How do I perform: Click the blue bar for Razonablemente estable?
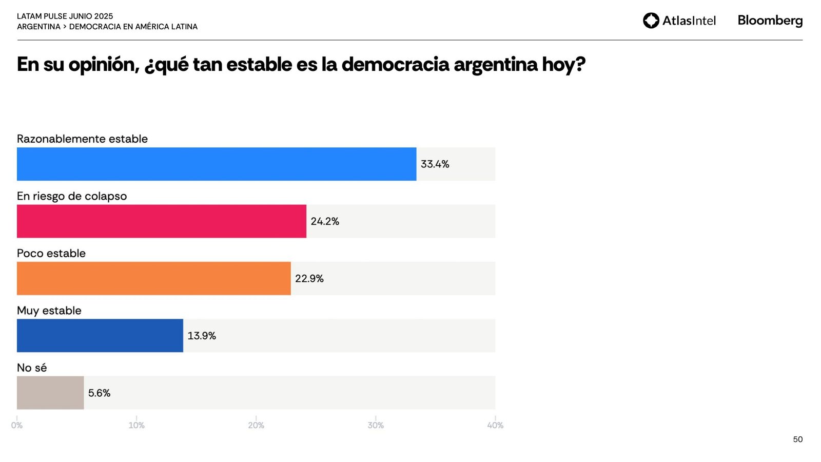coord(217,164)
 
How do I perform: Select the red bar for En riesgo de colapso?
coord(162,221)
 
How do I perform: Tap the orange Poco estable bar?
coord(154,279)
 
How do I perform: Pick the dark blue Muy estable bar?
coord(100,336)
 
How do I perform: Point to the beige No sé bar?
coord(50,393)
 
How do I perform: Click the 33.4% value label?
coord(435,164)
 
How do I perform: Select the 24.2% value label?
coord(325,221)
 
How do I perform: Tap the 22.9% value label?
coord(309,279)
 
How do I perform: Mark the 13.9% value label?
coord(202,336)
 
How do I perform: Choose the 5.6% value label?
coord(99,393)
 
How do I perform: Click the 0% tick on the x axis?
coord(17,425)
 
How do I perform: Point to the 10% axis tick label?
coord(136,425)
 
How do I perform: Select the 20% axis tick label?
coord(256,425)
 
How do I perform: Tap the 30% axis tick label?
coord(376,425)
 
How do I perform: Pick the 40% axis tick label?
coord(495,425)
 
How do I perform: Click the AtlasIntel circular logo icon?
coord(651,21)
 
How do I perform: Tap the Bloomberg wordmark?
coord(770,21)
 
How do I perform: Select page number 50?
coord(797,439)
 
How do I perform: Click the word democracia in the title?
coord(395,65)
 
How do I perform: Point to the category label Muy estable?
coord(49,311)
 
